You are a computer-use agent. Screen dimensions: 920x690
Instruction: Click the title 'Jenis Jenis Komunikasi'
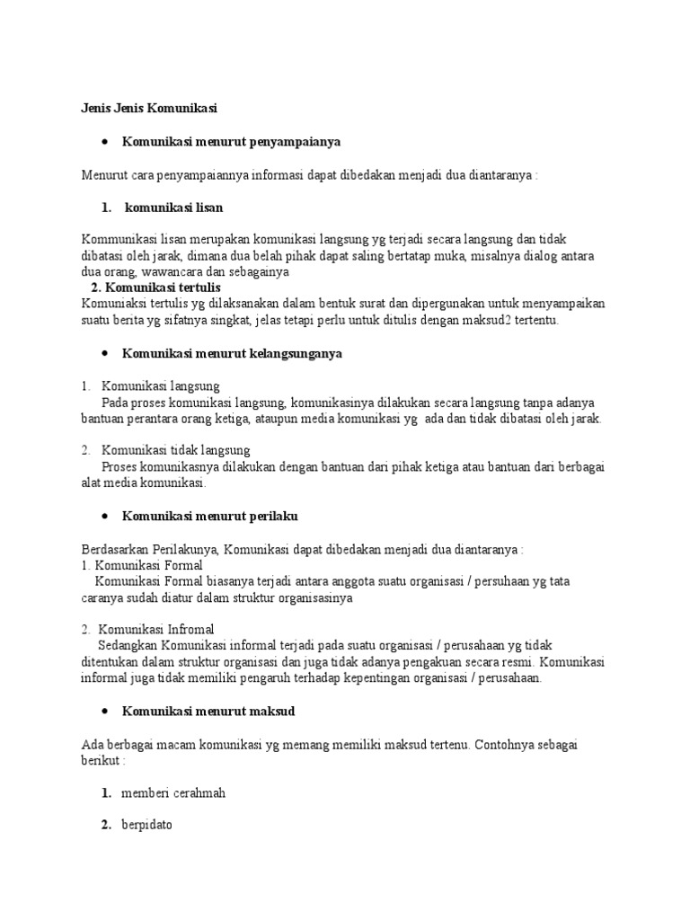[149, 109]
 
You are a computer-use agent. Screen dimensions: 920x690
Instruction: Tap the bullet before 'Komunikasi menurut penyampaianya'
[105, 142]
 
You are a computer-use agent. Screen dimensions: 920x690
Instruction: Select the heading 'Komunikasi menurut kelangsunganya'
[232, 354]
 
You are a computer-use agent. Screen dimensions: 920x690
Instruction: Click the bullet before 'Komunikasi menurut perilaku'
[105, 517]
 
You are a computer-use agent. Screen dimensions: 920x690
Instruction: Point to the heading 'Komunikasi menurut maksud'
[208, 711]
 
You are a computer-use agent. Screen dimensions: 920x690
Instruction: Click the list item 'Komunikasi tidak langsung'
[175, 450]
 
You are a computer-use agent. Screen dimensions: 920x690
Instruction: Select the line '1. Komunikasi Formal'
[142, 565]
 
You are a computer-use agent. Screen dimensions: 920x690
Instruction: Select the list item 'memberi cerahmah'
[173, 793]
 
